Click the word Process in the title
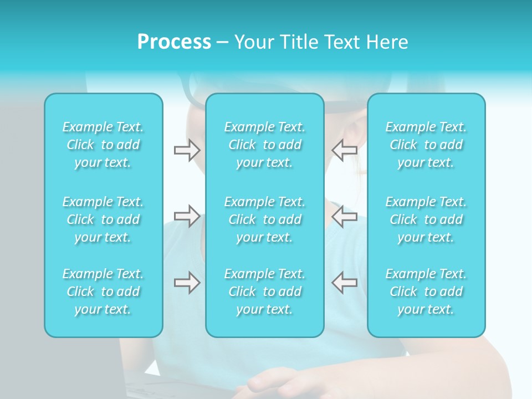(174, 42)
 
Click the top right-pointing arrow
(187, 150)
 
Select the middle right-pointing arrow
(187, 216)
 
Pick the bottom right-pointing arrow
(187, 283)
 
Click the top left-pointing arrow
(345, 150)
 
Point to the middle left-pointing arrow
(345, 216)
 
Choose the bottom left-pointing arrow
(345, 283)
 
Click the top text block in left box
(103, 145)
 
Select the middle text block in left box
(103, 219)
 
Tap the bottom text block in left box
(103, 291)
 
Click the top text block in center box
(265, 145)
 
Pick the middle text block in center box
(265, 219)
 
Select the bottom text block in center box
(265, 291)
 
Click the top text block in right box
(426, 145)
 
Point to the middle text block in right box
(426, 219)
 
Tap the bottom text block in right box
(426, 291)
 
